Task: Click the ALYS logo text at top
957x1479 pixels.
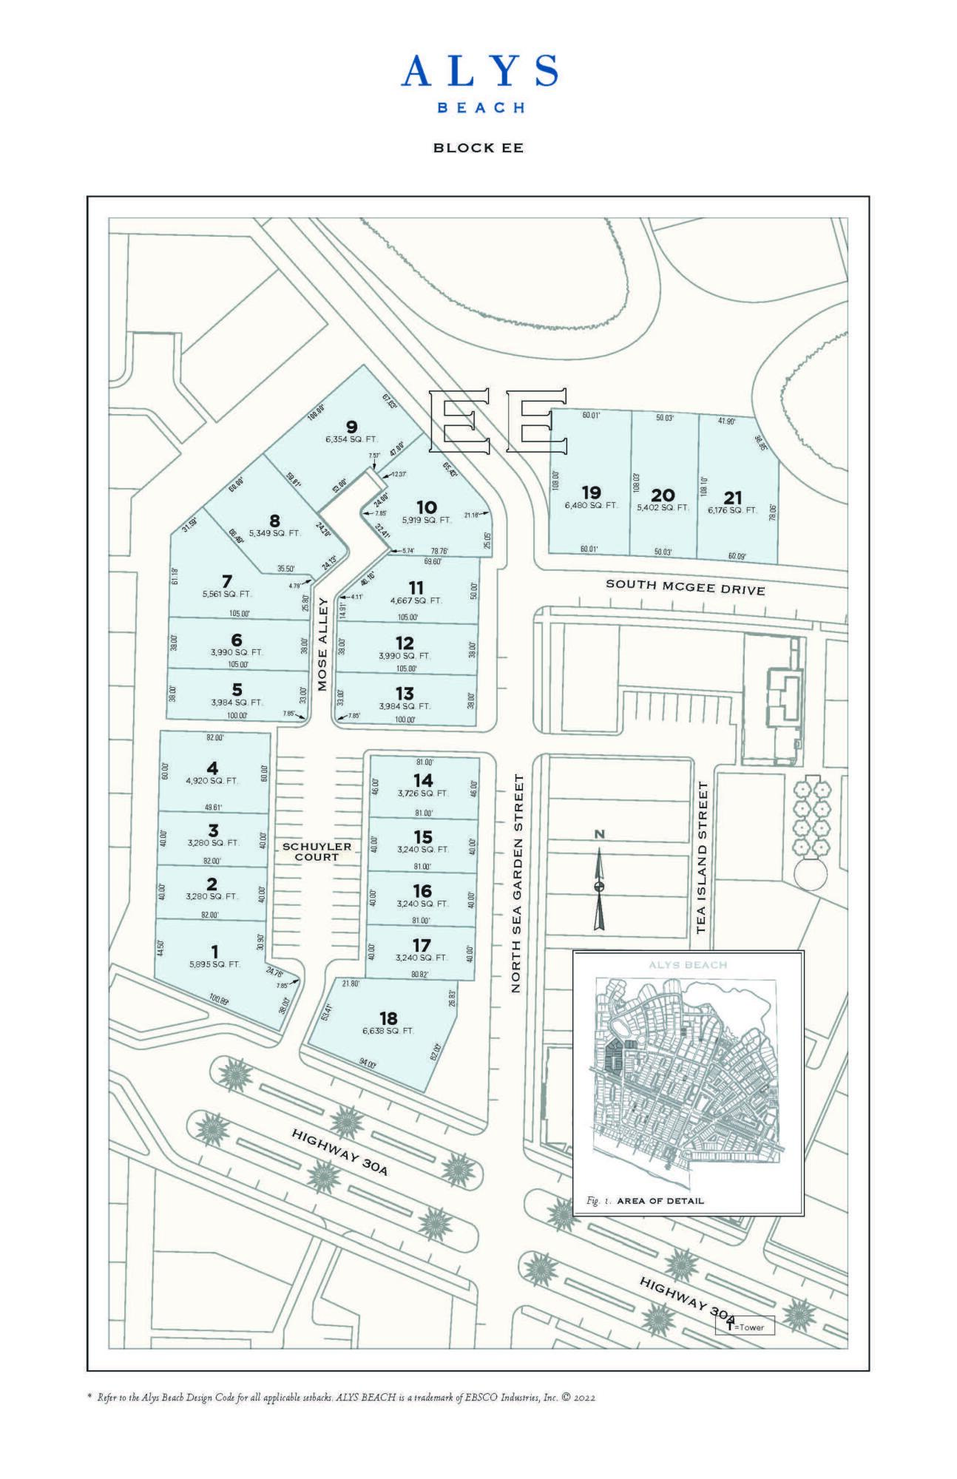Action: (x=478, y=72)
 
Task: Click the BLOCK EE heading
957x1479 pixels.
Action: (x=478, y=148)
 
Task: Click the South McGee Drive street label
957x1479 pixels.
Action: (x=685, y=586)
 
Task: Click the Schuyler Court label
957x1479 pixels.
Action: (x=317, y=851)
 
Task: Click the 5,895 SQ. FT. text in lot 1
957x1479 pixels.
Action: (x=214, y=964)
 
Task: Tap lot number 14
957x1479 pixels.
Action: (x=423, y=780)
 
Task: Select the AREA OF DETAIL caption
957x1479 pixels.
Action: (x=660, y=1201)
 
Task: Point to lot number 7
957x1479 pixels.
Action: (x=227, y=580)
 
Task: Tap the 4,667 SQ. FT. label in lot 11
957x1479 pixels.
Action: (x=416, y=600)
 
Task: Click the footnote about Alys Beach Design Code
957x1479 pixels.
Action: (x=341, y=1398)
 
